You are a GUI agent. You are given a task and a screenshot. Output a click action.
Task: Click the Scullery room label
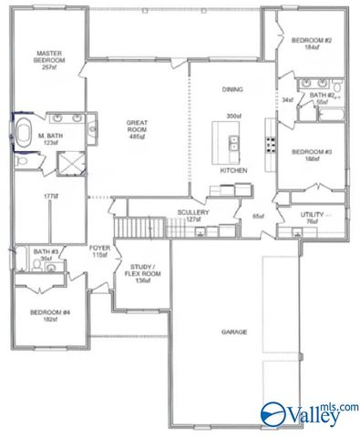[193, 211]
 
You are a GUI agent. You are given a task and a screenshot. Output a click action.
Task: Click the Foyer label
[100, 249]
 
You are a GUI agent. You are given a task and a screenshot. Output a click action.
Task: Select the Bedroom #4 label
[45, 313]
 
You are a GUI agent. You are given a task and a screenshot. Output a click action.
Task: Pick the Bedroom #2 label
[310, 41]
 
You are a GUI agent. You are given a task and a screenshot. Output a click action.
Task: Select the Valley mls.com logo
[308, 414]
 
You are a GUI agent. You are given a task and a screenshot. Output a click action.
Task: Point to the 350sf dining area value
[234, 116]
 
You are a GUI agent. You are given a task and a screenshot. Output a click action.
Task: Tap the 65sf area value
[258, 216]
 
